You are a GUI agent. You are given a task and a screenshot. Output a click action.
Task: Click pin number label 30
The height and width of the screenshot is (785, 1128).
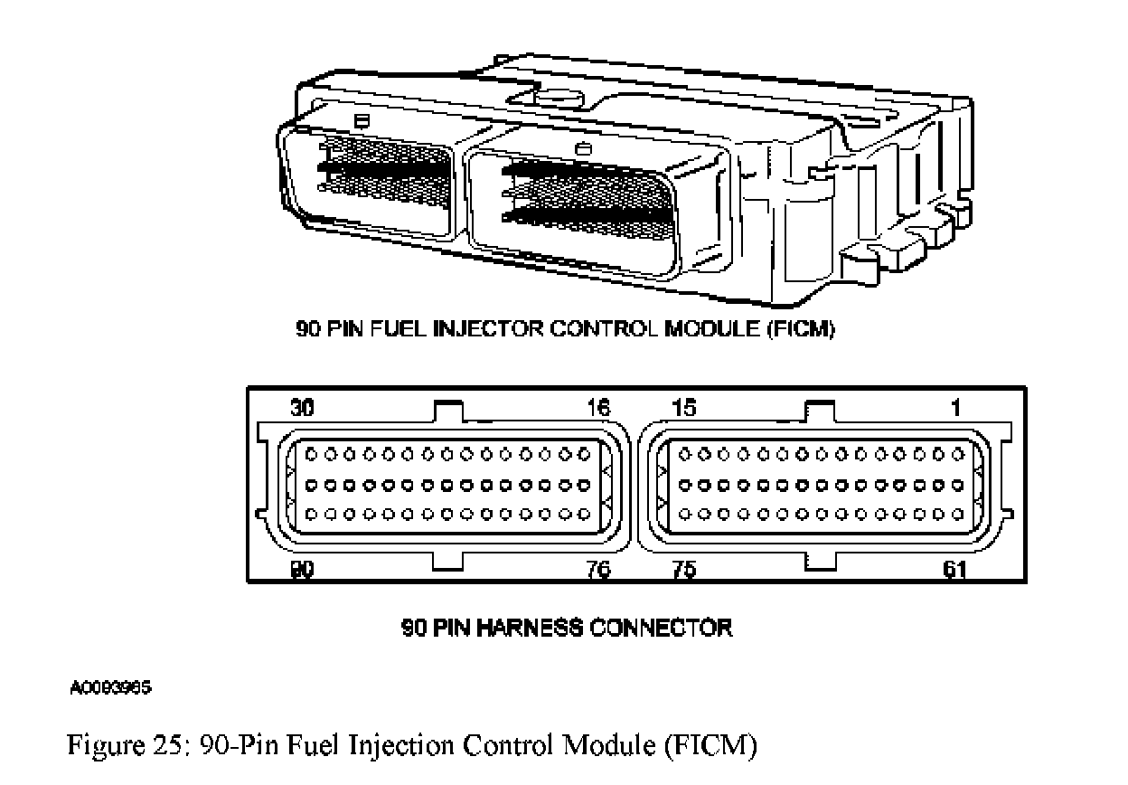[x=302, y=407]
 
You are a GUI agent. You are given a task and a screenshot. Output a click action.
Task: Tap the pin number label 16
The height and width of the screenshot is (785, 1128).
[x=598, y=407]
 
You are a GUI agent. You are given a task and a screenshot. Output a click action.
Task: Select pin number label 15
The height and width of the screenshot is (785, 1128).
[x=684, y=407]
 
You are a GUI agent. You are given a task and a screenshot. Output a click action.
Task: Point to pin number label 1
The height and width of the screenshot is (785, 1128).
[x=955, y=407]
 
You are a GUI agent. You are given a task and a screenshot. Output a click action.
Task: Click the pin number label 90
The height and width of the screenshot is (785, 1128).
[x=302, y=570]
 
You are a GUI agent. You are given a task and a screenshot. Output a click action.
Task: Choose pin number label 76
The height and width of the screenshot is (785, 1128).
[x=598, y=570]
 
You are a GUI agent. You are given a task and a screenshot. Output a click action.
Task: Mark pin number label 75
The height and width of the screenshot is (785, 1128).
[x=684, y=570]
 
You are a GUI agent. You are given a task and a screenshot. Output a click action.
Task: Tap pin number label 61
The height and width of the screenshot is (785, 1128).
[x=954, y=570]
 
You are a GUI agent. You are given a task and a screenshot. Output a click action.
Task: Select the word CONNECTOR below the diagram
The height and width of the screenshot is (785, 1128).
[x=660, y=628]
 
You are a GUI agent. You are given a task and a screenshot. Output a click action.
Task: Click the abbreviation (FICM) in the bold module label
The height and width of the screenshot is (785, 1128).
[x=800, y=329]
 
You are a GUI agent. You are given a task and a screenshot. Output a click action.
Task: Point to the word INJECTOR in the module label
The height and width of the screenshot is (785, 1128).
[x=488, y=329]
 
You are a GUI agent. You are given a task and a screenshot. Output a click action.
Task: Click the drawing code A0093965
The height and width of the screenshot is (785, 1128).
[x=110, y=687]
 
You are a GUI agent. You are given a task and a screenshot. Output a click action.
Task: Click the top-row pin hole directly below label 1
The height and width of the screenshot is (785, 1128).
[x=958, y=455]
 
